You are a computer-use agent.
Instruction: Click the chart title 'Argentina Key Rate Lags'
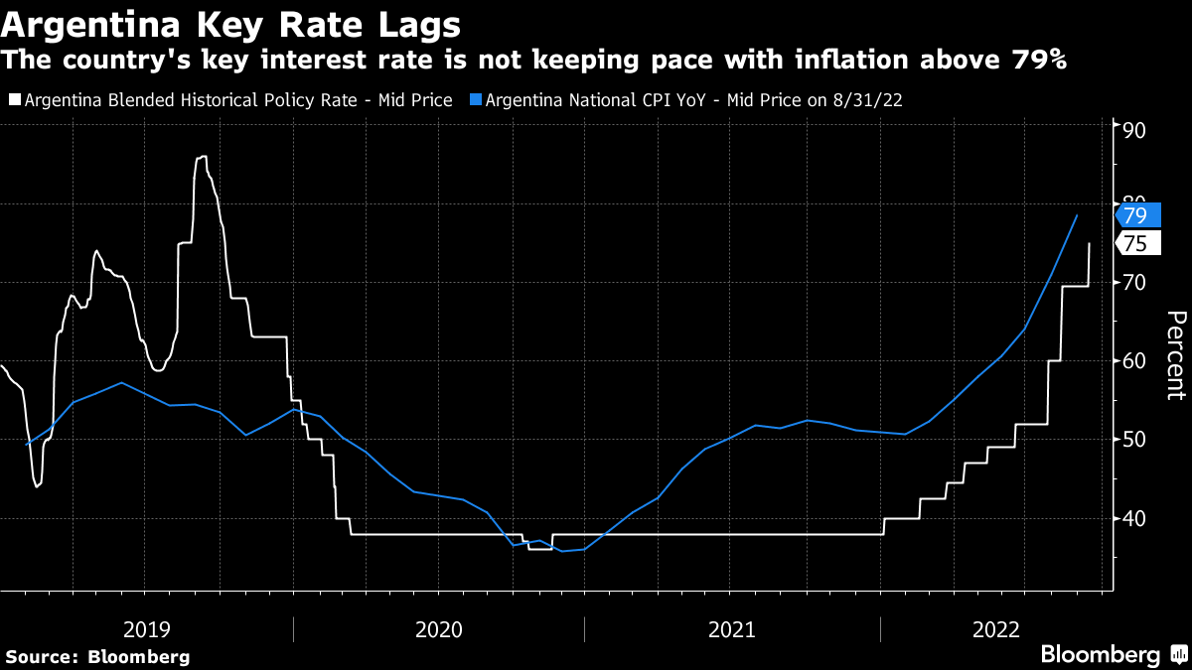coord(231,22)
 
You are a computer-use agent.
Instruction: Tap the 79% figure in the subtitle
coord(1040,60)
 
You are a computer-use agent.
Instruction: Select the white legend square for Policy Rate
coord(13,99)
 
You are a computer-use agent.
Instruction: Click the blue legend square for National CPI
coord(477,99)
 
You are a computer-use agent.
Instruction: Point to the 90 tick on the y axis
coord(1134,131)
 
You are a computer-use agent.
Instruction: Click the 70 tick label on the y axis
coord(1134,283)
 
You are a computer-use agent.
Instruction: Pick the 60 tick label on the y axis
coord(1134,361)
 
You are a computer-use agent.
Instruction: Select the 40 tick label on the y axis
coord(1134,518)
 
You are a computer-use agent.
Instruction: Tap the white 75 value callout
coord(1134,245)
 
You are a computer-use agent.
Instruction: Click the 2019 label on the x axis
coord(147,629)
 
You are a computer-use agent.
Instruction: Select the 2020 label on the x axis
coord(439,629)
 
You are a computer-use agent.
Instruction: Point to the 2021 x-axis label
coord(732,629)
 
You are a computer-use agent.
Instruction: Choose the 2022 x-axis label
coord(996,629)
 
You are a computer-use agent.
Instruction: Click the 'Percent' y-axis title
coord(1174,354)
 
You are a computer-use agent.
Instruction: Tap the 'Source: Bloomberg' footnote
coord(97,656)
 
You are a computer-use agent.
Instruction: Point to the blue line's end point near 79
coord(1077,215)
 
